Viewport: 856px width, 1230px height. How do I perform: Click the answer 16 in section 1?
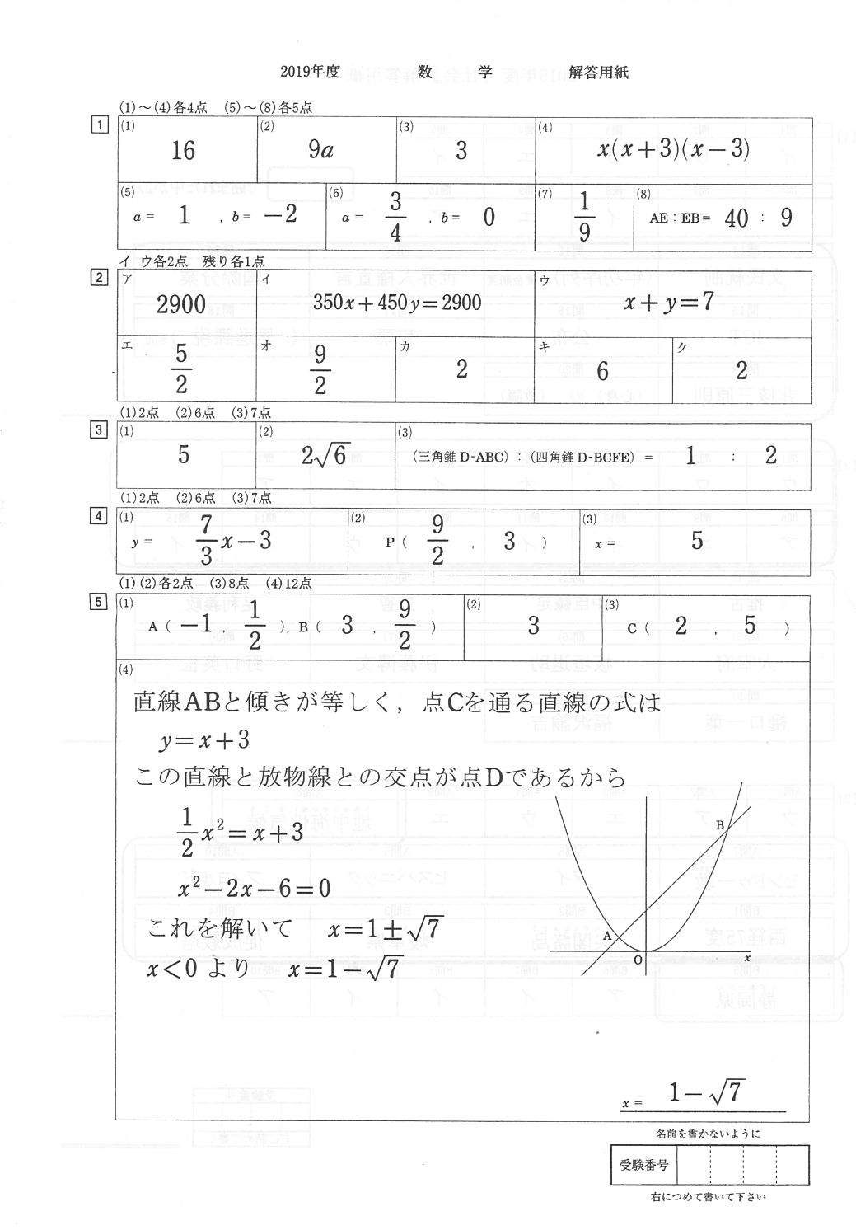click(183, 150)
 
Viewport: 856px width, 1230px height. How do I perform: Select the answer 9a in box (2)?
click(320, 150)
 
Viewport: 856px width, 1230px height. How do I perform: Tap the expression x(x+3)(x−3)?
click(673, 150)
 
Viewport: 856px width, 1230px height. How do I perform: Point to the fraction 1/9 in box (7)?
click(584, 217)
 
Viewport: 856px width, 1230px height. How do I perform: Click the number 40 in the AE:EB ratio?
click(737, 218)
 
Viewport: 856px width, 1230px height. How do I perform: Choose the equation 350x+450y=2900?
click(396, 303)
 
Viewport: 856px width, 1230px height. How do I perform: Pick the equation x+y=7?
click(668, 302)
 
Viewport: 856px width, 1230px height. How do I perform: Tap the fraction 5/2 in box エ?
click(181, 369)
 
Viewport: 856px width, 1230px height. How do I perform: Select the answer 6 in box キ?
click(602, 371)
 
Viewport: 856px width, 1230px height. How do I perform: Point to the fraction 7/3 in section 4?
click(206, 540)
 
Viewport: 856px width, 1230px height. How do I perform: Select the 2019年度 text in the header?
click(310, 72)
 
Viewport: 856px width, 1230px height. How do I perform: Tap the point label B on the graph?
click(719, 825)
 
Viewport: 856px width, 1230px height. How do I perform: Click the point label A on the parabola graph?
click(607, 936)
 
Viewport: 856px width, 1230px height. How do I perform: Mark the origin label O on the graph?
click(638, 960)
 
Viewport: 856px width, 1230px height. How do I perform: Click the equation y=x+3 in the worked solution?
click(204, 740)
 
